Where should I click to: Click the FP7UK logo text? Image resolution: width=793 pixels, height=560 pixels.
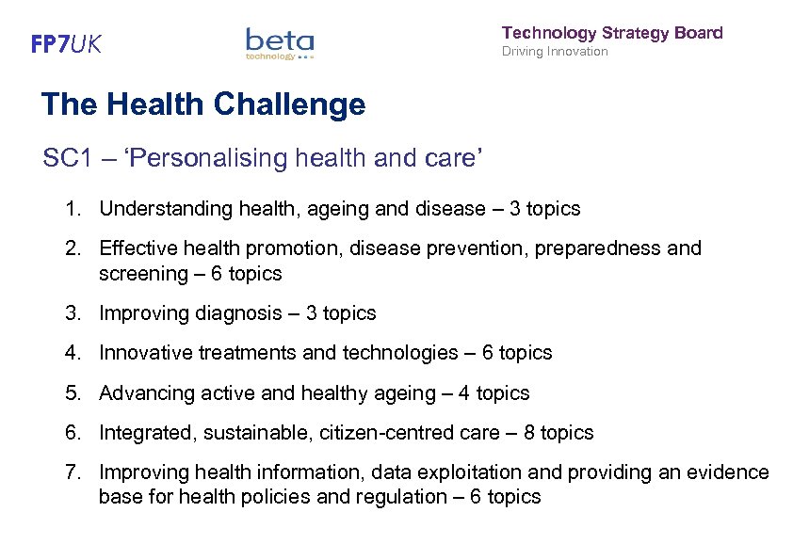click(66, 45)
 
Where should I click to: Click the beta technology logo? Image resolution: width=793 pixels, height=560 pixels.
click(280, 43)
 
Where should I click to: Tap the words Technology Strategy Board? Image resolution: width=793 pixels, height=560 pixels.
click(612, 33)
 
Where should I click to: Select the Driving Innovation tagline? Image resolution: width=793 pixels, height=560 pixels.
click(555, 52)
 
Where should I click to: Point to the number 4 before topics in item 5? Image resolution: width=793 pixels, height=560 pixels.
click(463, 393)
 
